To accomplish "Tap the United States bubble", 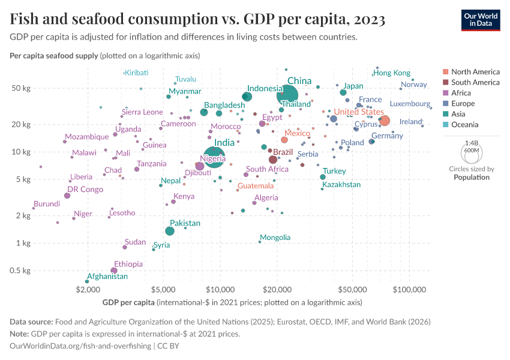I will pos(385,121).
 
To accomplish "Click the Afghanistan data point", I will pos(88,281).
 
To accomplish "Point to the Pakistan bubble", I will pos(170,231).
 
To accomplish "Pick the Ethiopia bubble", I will pos(114,271).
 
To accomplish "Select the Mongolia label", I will pos(275,238).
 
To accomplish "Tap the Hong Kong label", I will pos(392,73).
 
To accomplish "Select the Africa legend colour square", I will pos(445,93).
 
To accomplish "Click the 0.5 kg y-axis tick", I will pos(21,271).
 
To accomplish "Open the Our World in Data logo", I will pos(481,19).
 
